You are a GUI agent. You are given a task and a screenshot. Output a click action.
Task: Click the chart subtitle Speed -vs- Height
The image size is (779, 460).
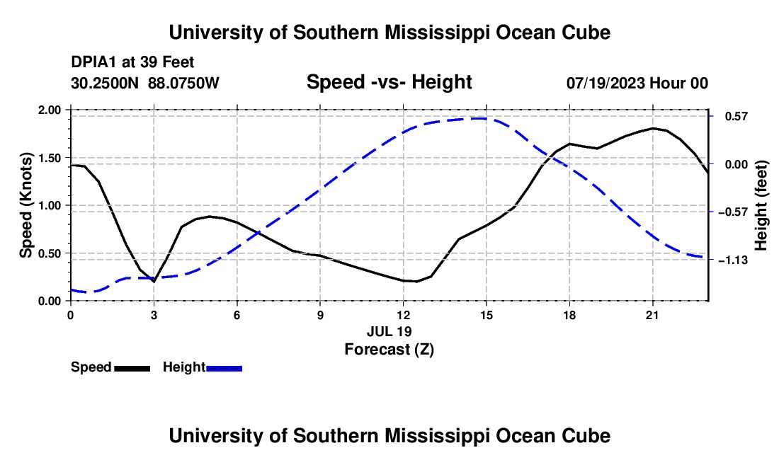click(x=389, y=82)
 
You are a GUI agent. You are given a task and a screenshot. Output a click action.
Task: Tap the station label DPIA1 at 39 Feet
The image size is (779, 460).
click(x=132, y=62)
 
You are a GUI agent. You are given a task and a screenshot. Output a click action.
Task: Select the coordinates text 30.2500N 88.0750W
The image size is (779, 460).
click(x=145, y=83)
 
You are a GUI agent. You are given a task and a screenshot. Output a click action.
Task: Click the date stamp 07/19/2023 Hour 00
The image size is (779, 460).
click(x=637, y=83)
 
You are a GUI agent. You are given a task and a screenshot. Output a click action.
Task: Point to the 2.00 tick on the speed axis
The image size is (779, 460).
click(x=49, y=110)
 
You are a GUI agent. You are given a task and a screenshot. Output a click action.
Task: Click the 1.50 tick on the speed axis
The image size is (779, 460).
click(x=49, y=158)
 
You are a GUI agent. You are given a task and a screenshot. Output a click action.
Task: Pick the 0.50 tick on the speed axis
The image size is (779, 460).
click(x=49, y=253)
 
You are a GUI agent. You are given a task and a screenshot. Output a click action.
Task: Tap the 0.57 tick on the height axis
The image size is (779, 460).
click(x=737, y=117)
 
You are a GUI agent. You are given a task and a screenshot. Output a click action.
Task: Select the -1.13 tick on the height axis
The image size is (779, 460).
click(x=733, y=260)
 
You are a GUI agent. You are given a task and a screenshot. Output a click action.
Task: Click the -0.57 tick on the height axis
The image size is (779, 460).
click(x=733, y=212)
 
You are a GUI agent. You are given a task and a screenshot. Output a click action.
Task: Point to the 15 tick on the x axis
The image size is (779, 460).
click(x=487, y=315)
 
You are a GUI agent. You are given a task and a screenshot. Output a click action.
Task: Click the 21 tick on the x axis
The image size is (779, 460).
click(x=652, y=315)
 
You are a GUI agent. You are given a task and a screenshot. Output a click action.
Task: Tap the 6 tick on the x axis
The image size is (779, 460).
click(x=237, y=315)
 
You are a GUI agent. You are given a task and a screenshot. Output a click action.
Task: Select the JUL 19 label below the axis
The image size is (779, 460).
click(x=389, y=331)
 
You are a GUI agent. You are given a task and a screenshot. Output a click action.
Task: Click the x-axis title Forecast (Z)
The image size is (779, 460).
click(x=389, y=350)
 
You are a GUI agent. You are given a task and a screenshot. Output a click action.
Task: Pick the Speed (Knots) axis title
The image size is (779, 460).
click(x=25, y=205)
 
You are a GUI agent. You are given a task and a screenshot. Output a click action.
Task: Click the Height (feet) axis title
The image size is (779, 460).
click(x=761, y=205)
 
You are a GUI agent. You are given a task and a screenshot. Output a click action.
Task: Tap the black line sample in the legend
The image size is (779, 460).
click(x=132, y=368)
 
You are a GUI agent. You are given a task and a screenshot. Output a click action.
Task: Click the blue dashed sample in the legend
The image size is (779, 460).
click(x=224, y=368)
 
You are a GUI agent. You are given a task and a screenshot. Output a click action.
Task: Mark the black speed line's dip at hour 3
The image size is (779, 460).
click(x=154, y=282)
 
